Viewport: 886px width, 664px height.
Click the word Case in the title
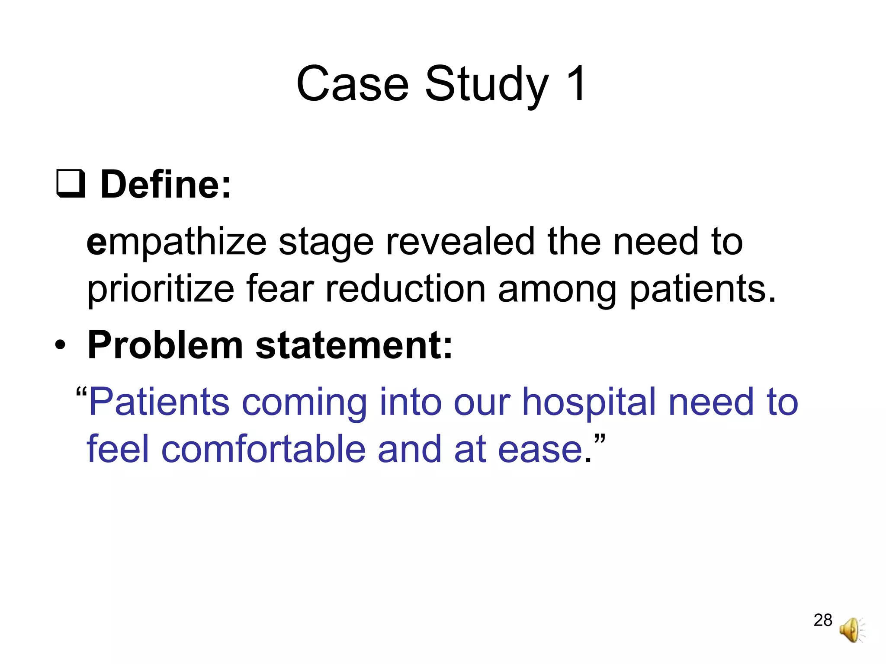click(x=352, y=84)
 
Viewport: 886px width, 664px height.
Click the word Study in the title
click(x=487, y=85)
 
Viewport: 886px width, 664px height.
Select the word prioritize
click(x=161, y=290)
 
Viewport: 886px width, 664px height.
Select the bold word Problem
click(x=165, y=345)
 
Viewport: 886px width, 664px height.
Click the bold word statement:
click(x=354, y=345)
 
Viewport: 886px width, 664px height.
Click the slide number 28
click(x=822, y=620)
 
